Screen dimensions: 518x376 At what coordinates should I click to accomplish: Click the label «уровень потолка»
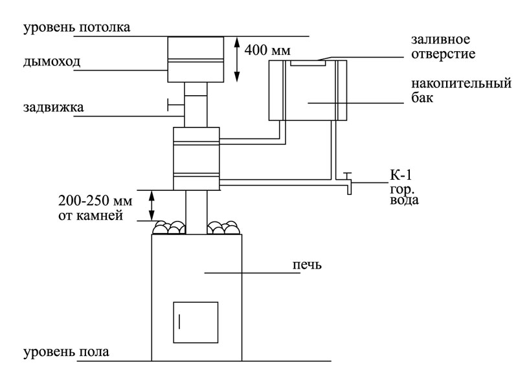(76, 27)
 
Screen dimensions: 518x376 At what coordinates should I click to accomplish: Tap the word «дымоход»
(52, 61)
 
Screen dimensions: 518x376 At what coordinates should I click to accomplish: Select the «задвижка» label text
(54, 107)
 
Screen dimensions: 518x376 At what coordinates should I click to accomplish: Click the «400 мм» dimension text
(267, 50)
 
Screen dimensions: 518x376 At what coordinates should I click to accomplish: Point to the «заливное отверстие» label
(443, 46)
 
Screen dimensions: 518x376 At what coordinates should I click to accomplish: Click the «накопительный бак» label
(461, 90)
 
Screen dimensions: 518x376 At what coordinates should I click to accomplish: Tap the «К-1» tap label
(401, 175)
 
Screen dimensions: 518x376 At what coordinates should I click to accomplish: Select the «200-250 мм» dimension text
(95, 201)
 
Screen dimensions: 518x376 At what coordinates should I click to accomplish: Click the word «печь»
(307, 265)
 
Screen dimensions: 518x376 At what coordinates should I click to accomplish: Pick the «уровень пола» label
(66, 352)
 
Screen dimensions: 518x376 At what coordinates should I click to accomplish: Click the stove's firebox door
(196, 322)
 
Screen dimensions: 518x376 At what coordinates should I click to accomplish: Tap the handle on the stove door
(179, 322)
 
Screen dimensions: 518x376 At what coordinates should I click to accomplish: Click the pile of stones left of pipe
(169, 227)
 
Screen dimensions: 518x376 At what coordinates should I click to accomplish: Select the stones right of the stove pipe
(223, 227)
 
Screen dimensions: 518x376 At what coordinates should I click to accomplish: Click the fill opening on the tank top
(308, 63)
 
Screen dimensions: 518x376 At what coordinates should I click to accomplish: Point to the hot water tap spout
(349, 188)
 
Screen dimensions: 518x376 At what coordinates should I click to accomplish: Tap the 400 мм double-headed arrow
(236, 60)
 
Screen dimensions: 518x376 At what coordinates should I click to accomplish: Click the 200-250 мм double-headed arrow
(152, 205)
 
